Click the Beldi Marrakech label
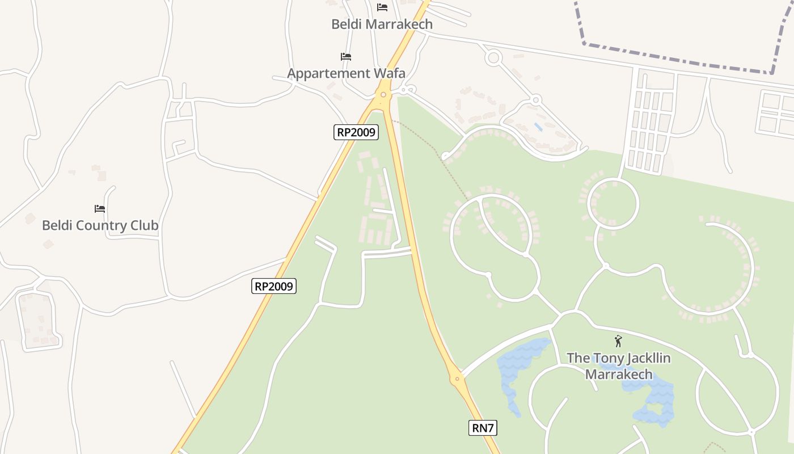pos(382,24)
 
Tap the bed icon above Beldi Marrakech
pos(382,7)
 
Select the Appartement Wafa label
pos(346,73)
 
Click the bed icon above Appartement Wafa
pos(346,57)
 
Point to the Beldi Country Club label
pos(100,225)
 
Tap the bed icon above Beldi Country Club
pos(100,209)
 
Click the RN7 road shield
pos(483,427)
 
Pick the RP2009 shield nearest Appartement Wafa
pos(356,132)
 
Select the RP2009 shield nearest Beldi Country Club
pos(273,286)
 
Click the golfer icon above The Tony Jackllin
pos(618,341)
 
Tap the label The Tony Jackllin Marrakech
pos(618,366)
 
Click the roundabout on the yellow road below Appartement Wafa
pos(384,94)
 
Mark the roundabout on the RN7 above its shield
pos(457,379)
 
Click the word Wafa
pos(389,73)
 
